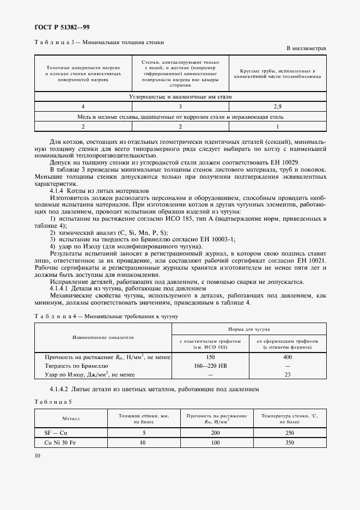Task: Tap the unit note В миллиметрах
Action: point(306,48)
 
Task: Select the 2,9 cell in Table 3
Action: point(278,107)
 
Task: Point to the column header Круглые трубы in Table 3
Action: point(278,74)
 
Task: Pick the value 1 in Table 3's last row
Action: point(278,126)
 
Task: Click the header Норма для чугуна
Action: point(249,330)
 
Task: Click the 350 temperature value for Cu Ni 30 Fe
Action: point(289,442)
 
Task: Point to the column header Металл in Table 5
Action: point(71,419)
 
